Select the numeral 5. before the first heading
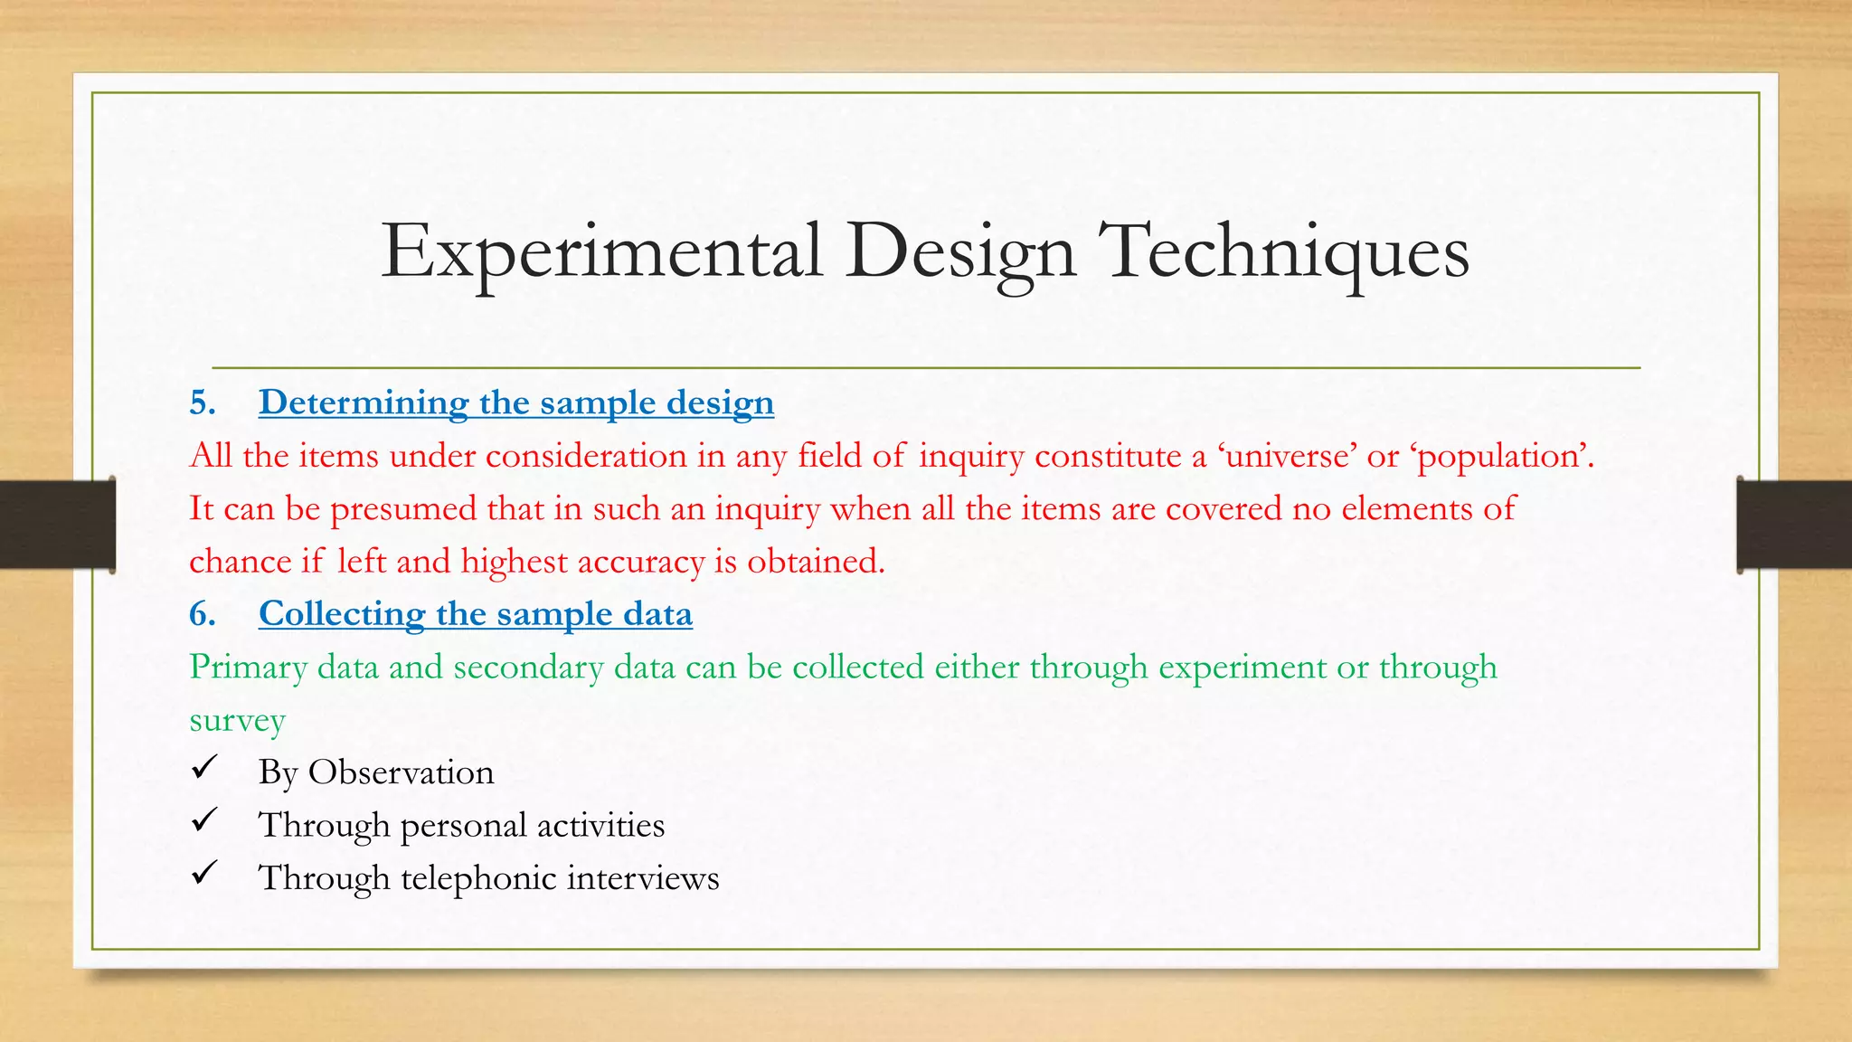[203, 403]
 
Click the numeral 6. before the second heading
[203, 614]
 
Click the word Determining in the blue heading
[363, 403]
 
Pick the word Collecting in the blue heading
[342, 614]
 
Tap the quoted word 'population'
[1501, 456]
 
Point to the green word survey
[237, 721]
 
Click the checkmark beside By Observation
[204, 769]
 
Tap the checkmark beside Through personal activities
[204, 821]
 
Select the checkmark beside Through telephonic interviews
[204, 874]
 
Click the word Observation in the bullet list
[401, 772]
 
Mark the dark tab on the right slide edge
[1794, 525]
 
